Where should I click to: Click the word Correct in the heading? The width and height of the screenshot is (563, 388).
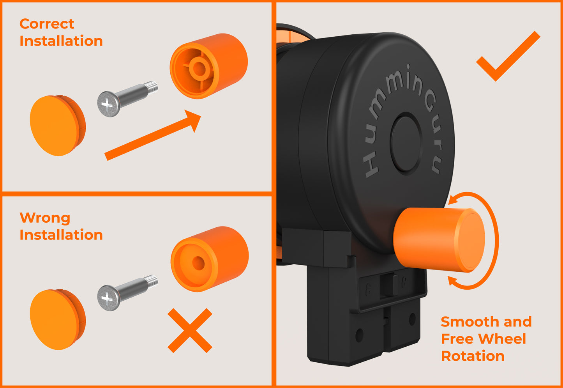tap(46, 24)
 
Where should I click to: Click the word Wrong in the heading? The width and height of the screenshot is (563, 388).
tap(44, 218)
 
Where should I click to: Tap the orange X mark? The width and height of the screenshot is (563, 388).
tap(190, 330)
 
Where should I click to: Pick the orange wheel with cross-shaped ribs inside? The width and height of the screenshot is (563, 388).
tap(209, 66)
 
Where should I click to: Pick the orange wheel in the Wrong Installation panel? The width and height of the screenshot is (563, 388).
tap(210, 259)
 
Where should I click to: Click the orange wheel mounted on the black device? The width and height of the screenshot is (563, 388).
tap(438, 239)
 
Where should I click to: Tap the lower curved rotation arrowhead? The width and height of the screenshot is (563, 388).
tap(453, 281)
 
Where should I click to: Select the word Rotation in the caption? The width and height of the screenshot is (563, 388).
tap(473, 356)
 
